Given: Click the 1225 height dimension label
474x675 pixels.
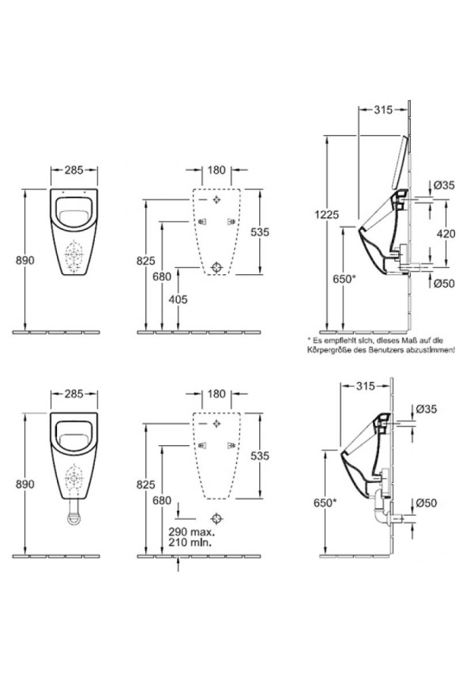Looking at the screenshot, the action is pos(327,214).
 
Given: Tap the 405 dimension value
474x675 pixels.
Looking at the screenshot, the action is pos(178,299).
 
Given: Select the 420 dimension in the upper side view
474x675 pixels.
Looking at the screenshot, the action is pos(446,233).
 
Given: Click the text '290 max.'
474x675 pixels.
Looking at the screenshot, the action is pos(192,532).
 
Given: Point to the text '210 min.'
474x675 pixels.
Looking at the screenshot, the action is pos(190,542).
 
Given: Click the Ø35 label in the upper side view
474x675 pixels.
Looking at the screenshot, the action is pos(444,185).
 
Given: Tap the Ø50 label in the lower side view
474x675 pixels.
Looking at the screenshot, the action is pos(426,502).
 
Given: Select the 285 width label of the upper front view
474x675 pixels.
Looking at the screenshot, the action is pos(74,170).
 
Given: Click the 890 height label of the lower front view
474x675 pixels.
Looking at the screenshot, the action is pos(25,484).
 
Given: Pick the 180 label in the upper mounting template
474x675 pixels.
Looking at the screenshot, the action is pos(216,170).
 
